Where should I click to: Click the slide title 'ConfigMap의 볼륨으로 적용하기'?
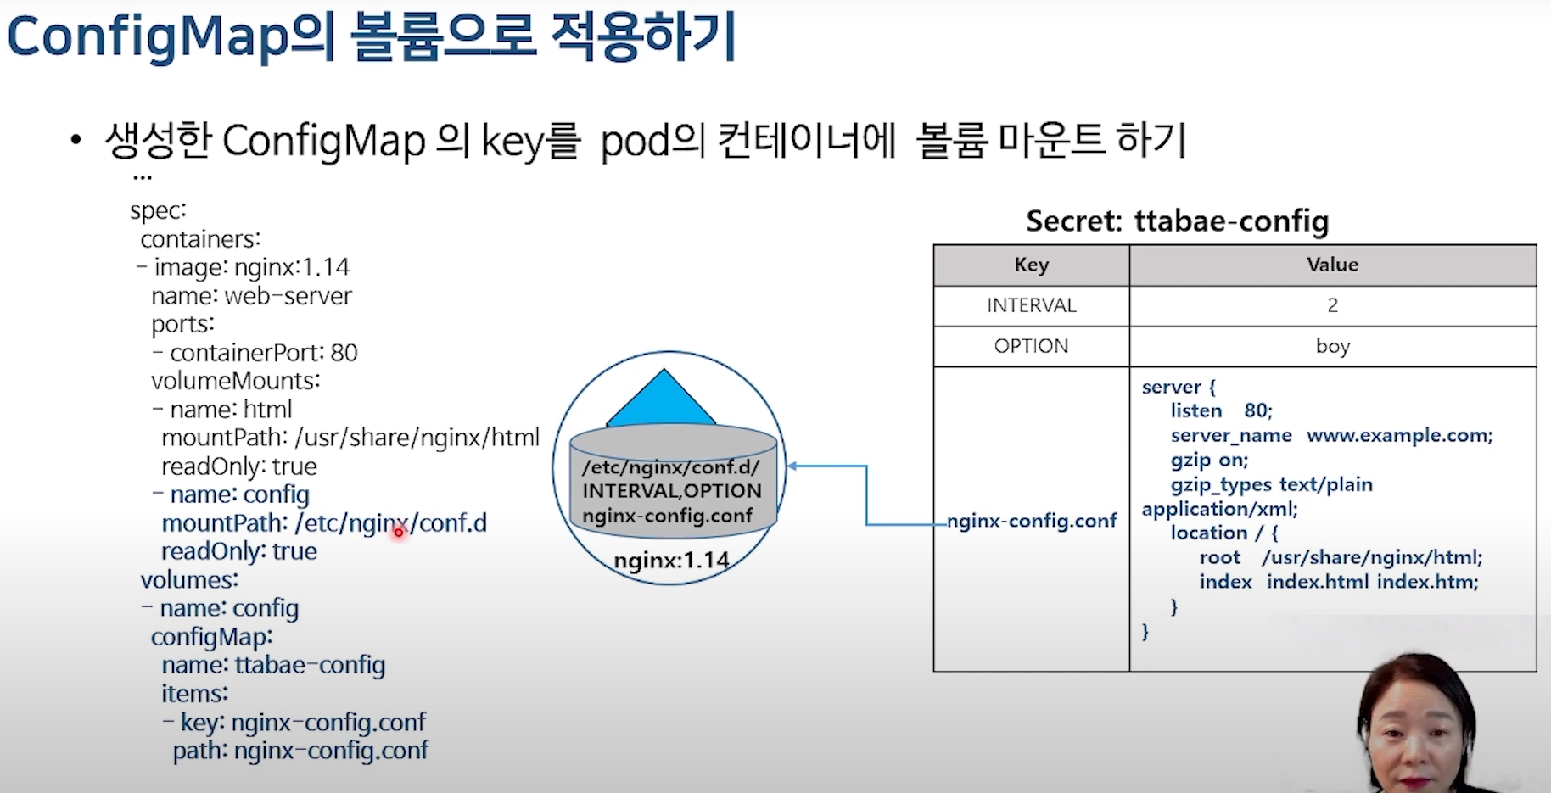pyautogui.click(x=371, y=38)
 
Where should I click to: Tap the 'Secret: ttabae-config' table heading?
pyautogui.click(x=1177, y=221)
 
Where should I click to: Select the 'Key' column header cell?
pyautogui.click(x=1031, y=265)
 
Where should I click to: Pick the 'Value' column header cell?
pyautogui.click(x=1332, y=265)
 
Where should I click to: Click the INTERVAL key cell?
pyautogui.click(x=1031, y=305)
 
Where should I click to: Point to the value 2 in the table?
pyautogui.click(x=1332, y=305)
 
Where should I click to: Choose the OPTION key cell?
pyautogui.click(x=1031, y=346)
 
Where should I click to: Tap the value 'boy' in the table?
pyautogui.click(x=1332, y=346)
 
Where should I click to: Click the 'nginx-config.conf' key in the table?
pyautogui.click(x=1032, y=521)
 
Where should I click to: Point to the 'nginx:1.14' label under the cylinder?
pyautogui.click(x=671, y=561)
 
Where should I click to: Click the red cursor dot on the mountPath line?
pyautogui.click(x=399, y=533)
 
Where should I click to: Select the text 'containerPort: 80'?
pyautogui.click(x=263, y=353)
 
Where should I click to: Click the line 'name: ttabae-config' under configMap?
pyautogui.click(x=273, y=665)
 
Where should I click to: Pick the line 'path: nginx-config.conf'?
pyautogui.click(x=300, y=751)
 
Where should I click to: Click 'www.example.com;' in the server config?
pyautogui.click(x=1399, y=435)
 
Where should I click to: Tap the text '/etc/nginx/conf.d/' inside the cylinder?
pyautogui.click(x=670, y=467)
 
